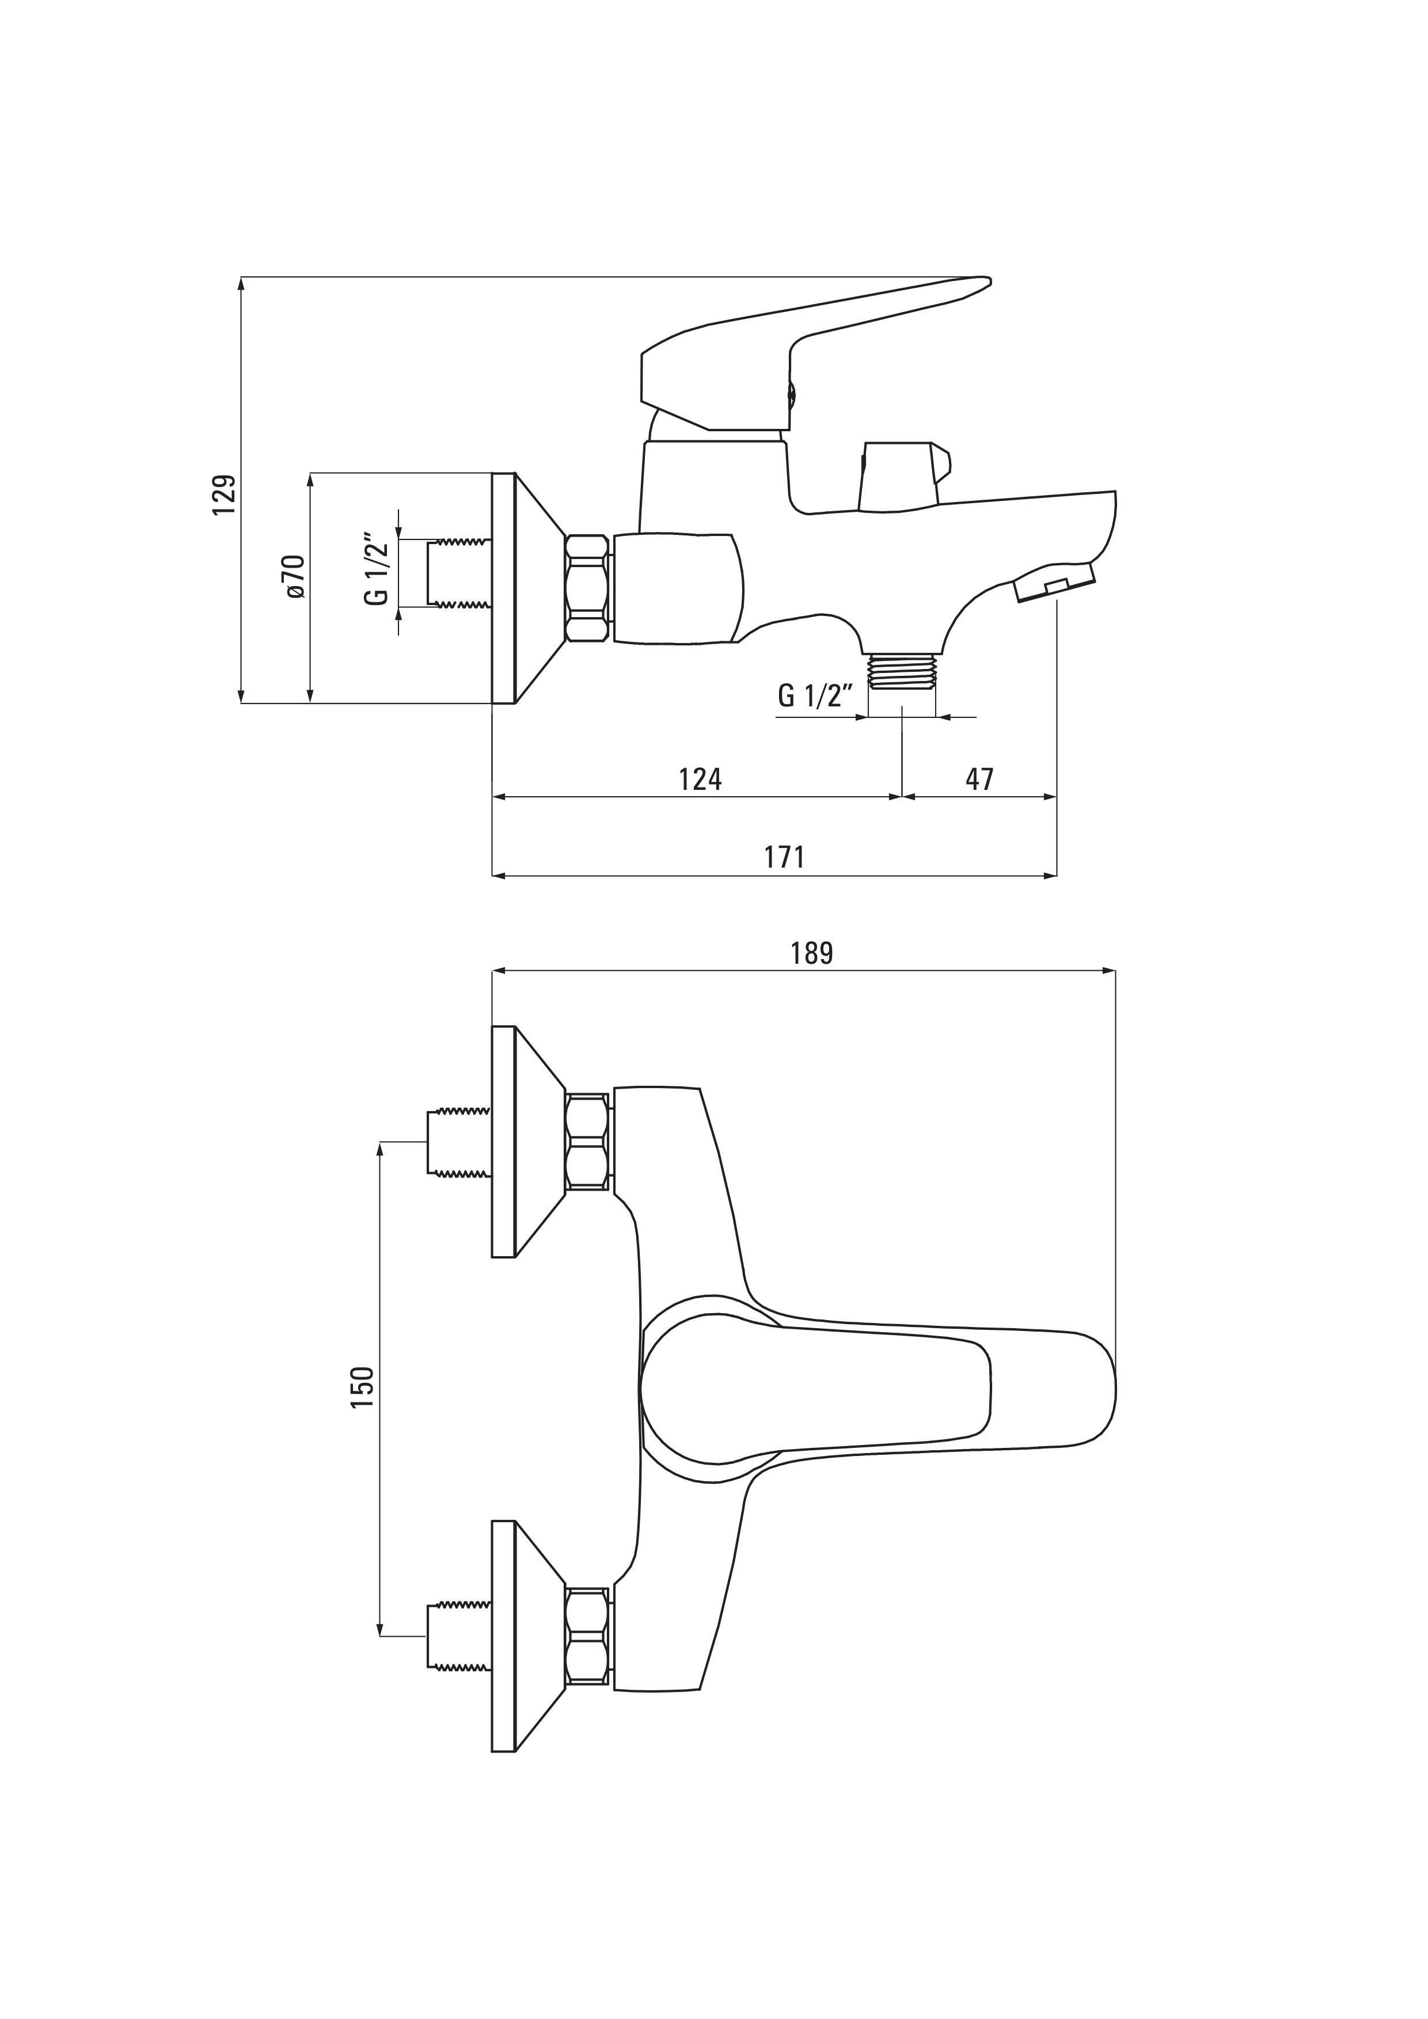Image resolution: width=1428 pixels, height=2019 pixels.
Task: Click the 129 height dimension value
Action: [x=225, y=495]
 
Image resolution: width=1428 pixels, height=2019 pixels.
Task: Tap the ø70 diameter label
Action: [x=295, y=577]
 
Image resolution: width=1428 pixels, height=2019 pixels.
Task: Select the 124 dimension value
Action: [x=700, y=779]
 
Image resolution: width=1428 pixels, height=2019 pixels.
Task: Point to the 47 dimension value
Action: [x=979, y=779]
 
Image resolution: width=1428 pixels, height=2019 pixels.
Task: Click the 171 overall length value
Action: [x=784, y=857]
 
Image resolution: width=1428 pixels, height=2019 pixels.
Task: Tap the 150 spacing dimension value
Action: [x=362, y=1387]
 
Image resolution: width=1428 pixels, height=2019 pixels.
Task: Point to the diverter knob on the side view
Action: [x=906, y=476]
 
